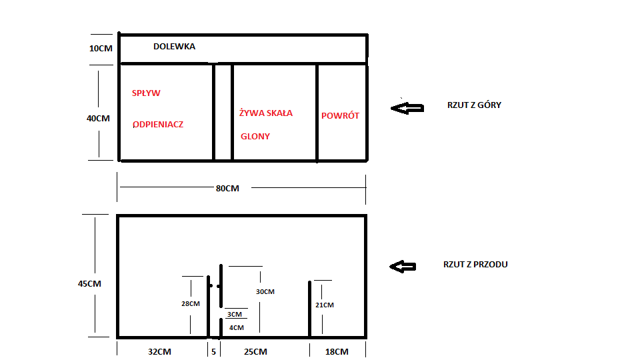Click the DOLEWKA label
[174, 47]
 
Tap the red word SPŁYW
[146, 93]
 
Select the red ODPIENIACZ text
[158, 125]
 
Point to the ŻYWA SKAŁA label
[266, 113]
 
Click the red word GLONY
[255, 136]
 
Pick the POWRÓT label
[340, 115]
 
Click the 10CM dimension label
[101, 49]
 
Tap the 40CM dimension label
[98, 119]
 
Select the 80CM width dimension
[227, 189]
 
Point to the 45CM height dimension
[89, 284]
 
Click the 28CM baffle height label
[191, 304]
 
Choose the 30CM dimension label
[265, 292]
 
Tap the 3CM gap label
[235, 314]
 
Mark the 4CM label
[237, 328]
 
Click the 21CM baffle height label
[325, 305]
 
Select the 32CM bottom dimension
[159, 352]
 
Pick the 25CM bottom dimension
[255, 352]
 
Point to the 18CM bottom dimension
[337, 352]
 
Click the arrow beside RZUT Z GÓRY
[407, 108]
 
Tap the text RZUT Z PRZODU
[475, 265]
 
